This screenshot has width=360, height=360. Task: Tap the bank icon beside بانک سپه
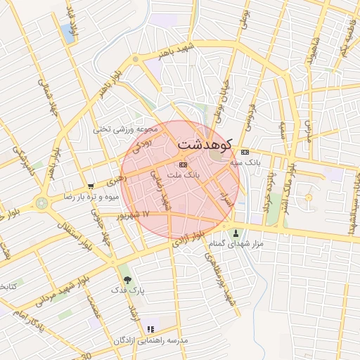(244, 152)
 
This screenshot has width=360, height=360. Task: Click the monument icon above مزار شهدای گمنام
(236, 233)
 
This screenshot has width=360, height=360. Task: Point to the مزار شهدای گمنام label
(236, 243)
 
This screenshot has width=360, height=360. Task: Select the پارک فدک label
(127, 290)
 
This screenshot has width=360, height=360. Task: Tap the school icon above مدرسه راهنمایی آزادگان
(150, 329)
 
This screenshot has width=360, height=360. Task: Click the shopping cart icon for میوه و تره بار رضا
(91, 187)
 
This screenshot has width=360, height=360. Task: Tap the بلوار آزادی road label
(191, 239)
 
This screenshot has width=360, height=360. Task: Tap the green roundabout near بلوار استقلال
(43, 203)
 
